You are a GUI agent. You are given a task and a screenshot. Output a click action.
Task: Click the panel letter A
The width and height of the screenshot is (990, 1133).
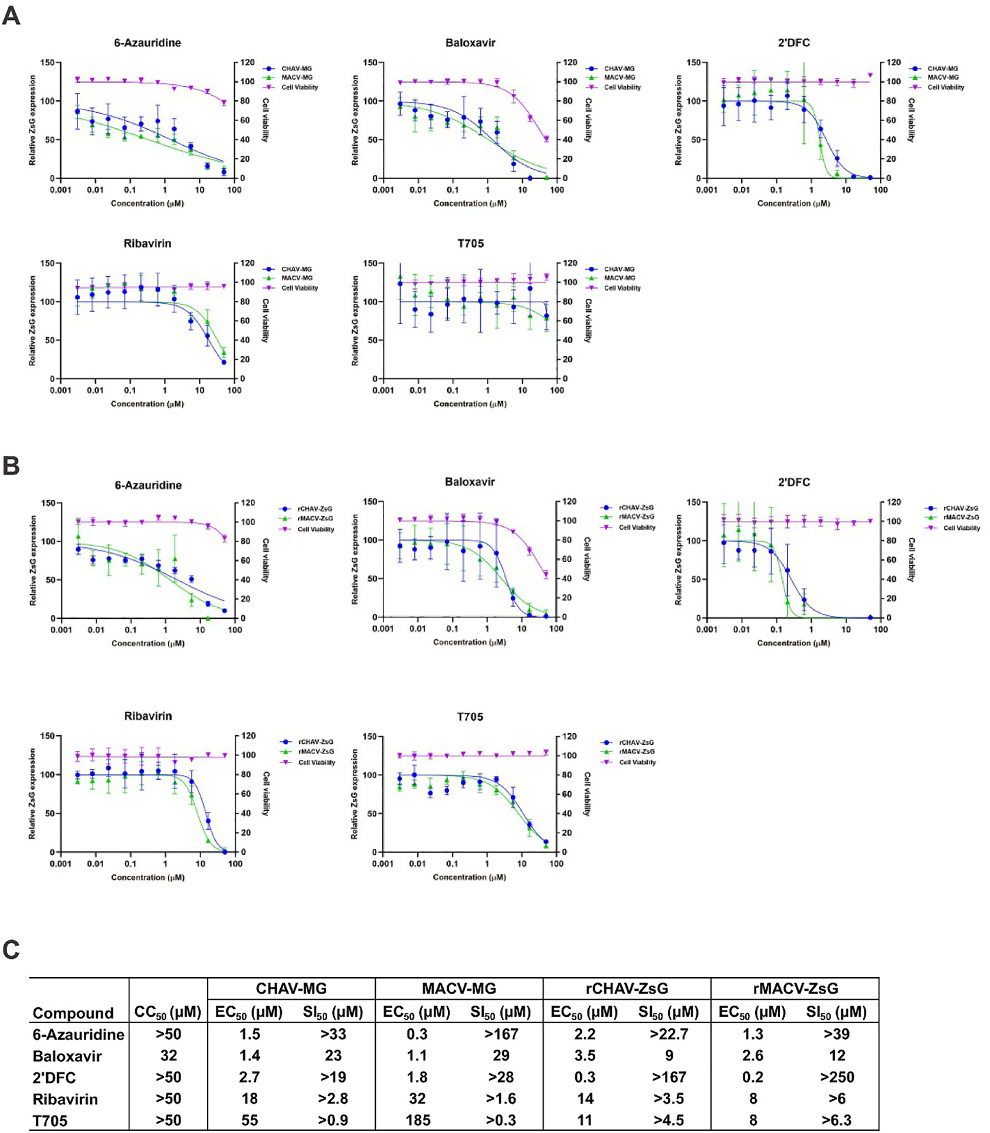click(11, 16)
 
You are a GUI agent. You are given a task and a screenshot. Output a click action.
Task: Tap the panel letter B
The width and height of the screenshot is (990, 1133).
click(11, 466)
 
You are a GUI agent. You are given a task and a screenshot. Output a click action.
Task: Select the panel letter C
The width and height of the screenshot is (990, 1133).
click(11, 949)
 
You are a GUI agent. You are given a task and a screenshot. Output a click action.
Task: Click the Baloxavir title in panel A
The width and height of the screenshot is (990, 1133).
click(470, 42)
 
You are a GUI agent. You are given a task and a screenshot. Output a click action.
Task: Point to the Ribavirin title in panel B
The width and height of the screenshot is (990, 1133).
click(148, 716)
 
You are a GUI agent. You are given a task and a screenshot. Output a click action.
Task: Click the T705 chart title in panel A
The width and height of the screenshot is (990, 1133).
click(470, 243)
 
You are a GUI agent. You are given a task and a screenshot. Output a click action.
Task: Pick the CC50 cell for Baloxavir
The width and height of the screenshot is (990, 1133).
click(168, 1055)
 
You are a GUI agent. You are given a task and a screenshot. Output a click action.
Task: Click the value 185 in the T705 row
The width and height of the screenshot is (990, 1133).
click(418, 1120)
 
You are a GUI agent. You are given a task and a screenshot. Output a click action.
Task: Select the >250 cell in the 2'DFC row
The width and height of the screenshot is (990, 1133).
click(837, 1077)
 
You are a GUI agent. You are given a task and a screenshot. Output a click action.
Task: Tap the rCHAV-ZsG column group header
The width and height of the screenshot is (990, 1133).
click(627, 988)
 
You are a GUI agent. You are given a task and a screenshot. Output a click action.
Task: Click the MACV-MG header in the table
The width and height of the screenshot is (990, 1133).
click(459, 988)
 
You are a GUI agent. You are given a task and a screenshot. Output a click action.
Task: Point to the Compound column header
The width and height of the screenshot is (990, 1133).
click(73, 1013)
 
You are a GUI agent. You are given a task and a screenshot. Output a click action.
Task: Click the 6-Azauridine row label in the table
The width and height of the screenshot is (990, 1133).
click(78, 1034)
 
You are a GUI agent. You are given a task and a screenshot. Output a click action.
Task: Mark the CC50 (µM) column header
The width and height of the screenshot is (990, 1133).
click(168, 1013)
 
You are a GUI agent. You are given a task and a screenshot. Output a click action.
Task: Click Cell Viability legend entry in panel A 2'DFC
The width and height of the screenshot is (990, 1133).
click(945, 87)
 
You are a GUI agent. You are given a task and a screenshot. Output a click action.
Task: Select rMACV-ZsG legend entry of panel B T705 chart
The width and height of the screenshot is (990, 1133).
click(636, 751)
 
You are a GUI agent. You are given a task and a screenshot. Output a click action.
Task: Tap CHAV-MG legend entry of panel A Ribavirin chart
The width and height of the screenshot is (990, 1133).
click(296, 269)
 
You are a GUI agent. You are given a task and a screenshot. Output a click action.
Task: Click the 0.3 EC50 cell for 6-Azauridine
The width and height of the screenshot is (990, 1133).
click(417, 1034)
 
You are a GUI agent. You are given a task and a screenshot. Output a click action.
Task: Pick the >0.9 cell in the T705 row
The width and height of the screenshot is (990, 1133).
click(333, 1120)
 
